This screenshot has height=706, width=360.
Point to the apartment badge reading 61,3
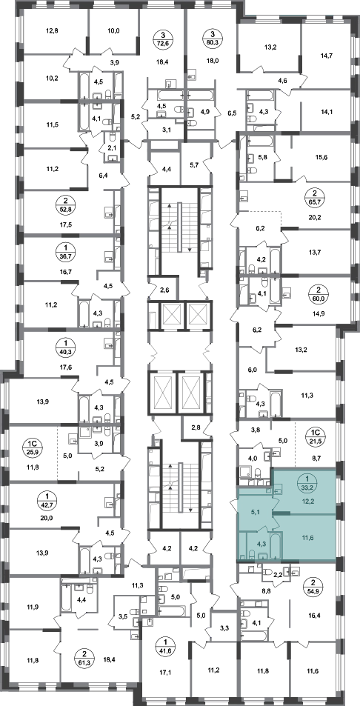click(82, 653)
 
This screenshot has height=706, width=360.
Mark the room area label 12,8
click(52, 31)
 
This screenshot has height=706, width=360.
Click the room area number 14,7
click(324, 56)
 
